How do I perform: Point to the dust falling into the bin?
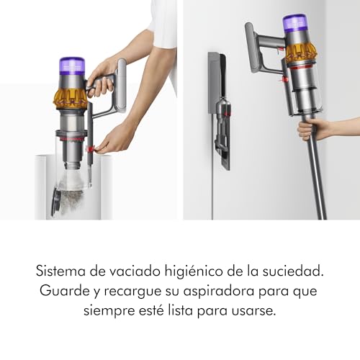click(72, 179)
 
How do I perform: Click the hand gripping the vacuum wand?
click(311, 129)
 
